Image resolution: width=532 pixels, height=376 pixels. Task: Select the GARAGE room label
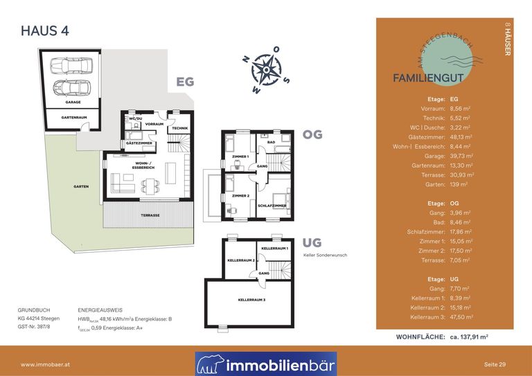73,102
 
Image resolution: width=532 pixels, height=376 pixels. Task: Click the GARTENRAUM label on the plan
73,118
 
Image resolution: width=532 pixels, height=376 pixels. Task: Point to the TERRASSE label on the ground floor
150,215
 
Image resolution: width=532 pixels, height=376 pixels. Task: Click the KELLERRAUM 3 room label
251,300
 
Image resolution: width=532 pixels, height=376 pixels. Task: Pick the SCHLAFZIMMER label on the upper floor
272,206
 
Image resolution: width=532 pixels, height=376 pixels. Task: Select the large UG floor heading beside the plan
313,242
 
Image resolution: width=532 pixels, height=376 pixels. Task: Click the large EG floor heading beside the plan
185,82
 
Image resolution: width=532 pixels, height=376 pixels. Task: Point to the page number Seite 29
495,364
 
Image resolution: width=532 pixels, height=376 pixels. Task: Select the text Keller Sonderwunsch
325,255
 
